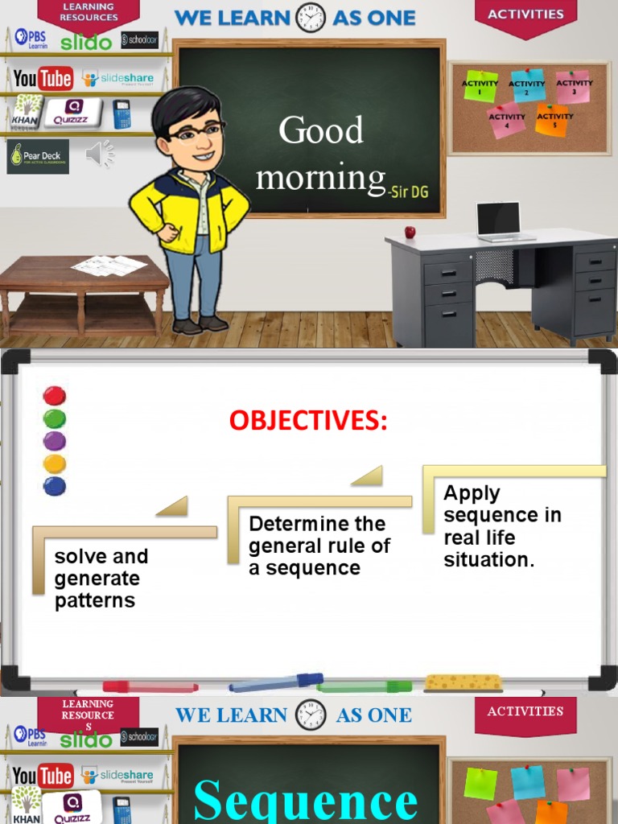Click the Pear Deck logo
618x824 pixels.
(38, 156)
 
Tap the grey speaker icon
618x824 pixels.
(99, 154)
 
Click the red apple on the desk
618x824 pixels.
(410, 232)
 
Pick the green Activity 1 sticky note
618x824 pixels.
(480, 86)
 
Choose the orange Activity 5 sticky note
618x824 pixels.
(554, 121)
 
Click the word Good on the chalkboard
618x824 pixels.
(321, 130)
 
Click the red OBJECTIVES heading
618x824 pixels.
(308, 420)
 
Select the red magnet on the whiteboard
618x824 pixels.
(54, 396)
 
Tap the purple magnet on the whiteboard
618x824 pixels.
(54, 441)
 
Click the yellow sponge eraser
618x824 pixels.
(463, 683)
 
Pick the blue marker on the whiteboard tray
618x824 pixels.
(276, 683)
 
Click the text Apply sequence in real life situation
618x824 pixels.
(502, 526)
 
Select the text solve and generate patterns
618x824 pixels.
(101, 578)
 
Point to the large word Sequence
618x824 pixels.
(306, 800)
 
